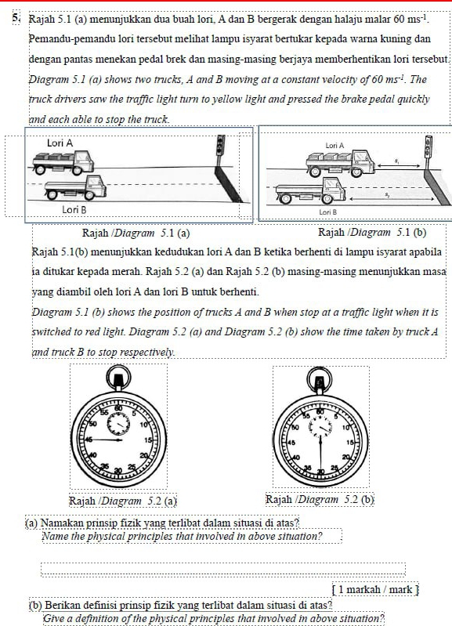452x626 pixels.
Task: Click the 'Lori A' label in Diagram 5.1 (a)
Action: (x=60, y=143)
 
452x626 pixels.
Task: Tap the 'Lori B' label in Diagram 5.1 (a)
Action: (x=74, y=210)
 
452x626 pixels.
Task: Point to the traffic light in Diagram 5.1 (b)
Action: (x=428, y=147)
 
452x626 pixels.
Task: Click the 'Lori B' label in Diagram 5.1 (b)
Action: (x=327, y=212)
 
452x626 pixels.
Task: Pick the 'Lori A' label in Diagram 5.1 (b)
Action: (x=334, y=146)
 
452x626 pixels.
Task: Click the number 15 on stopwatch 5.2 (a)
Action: (x=149, y=440)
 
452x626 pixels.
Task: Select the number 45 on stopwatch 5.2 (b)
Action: (x=291, y=443)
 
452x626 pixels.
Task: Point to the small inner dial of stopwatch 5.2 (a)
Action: (x=118, y=425)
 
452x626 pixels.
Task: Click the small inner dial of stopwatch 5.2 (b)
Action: (x=320, y=427)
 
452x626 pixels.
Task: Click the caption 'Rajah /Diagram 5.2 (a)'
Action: (x=123, y=501)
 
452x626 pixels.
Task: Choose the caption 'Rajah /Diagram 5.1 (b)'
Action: (x=372, y=233)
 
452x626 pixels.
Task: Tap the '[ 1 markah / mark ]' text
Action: (x=375, y=590)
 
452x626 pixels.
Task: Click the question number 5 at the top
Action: (x=16, y=17)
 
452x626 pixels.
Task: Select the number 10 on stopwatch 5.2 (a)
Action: (x=143, y=424)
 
